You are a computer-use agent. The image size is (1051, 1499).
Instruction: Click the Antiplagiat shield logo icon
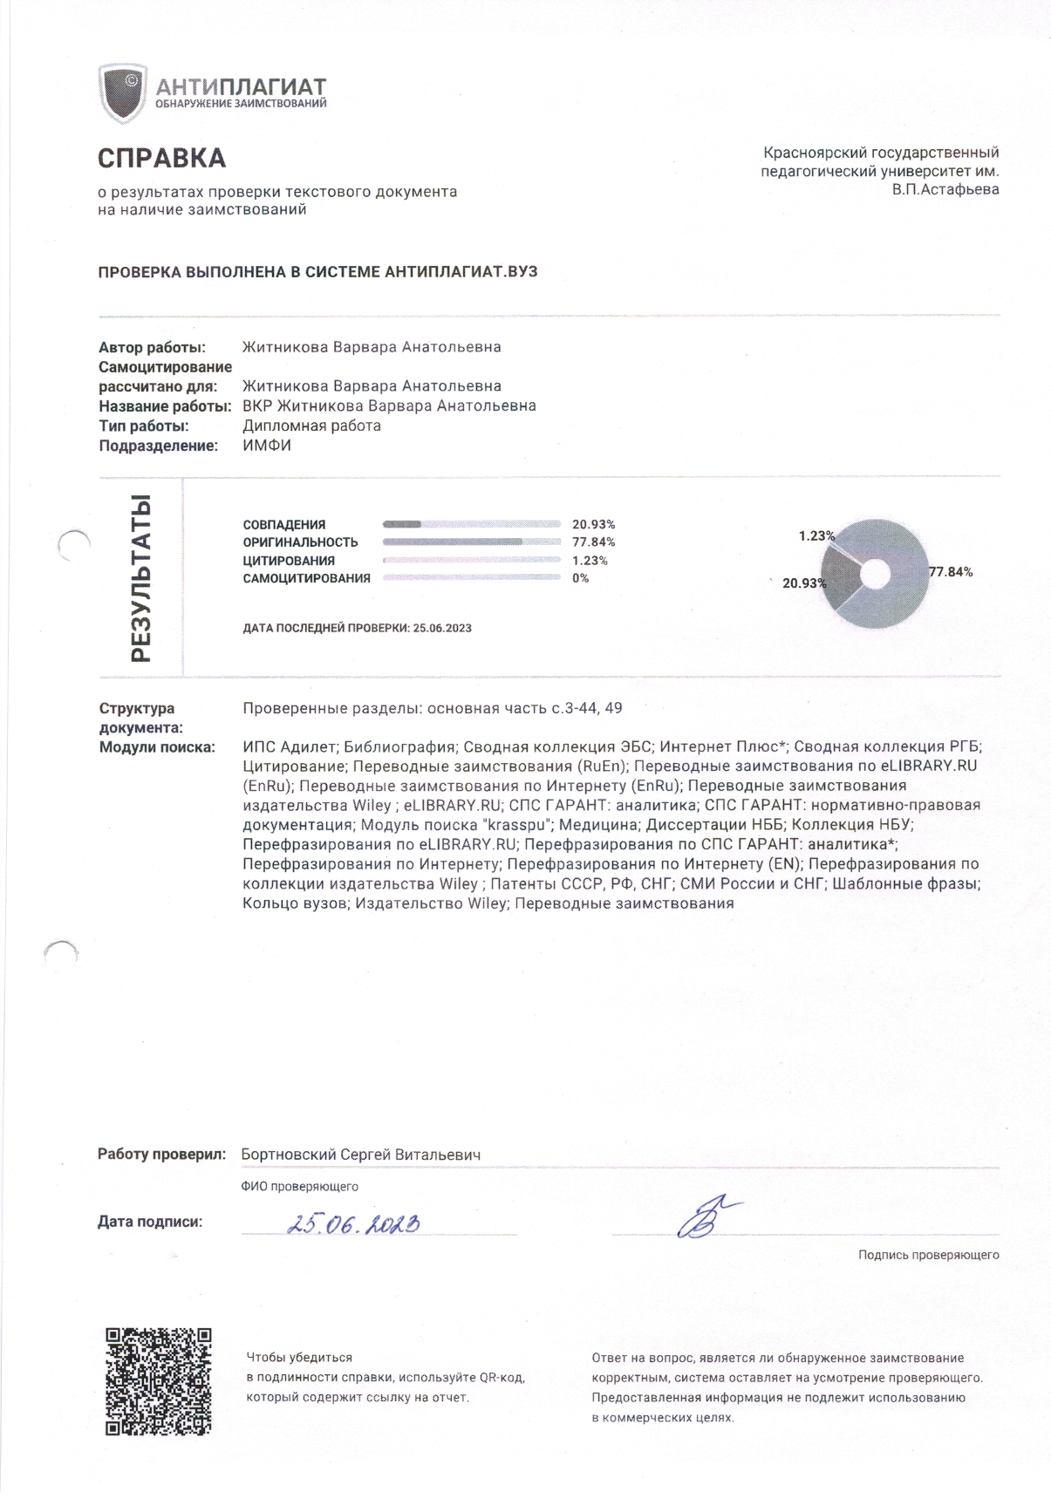pos(123,93)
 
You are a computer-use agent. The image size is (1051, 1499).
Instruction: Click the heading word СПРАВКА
pos(161,159)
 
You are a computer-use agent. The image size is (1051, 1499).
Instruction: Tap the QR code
pos(159,1381)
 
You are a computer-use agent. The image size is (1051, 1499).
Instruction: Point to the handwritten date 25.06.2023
pos(353,1224)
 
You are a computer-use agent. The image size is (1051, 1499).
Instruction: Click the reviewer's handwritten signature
pos(706,1216)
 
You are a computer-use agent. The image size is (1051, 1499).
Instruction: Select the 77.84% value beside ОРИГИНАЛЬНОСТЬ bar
pos(593,542)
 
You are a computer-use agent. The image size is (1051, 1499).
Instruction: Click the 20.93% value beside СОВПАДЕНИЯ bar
pos(593,525)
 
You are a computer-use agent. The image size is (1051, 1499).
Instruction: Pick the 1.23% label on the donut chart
pos(817,536)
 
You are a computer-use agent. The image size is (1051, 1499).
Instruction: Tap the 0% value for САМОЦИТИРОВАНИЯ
pos(580,578)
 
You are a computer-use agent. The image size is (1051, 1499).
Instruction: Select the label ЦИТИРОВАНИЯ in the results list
pos(289,561)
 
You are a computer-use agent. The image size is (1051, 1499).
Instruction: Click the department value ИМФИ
pos(267,446)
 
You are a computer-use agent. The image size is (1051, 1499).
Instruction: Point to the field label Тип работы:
pos(144,426)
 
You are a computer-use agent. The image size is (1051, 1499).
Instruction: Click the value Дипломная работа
pos(311,426)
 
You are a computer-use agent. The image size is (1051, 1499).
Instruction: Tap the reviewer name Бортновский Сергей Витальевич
pos(360,1155)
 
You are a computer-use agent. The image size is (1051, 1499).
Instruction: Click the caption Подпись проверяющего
pos(928,1255)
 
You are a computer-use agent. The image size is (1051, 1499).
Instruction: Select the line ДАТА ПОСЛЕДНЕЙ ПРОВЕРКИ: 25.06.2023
pos(357,628)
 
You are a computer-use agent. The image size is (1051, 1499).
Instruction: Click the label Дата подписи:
pos(150,1222)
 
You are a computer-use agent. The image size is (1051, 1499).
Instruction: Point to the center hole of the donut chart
pos(876,573)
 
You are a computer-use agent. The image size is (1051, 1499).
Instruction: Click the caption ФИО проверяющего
pos(299,1187)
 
